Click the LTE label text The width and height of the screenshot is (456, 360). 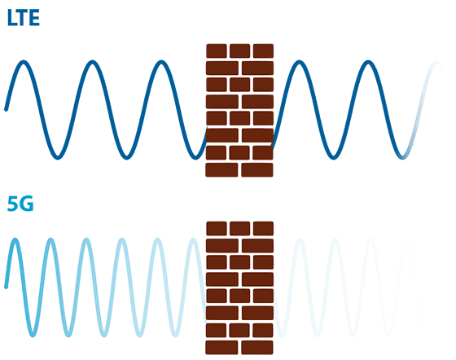tap(24, 17)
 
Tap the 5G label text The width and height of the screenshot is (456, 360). tap(20, 204)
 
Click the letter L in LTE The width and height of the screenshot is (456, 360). tap(12, 17)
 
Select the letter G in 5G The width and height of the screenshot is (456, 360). tap(26, 204)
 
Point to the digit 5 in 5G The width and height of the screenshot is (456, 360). tap(13, 204)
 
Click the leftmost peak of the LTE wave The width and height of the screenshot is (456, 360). tap(24, 62)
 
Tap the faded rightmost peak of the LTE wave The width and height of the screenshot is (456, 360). tap(436, 62)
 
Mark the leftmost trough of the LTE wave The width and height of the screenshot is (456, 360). tap(58, 158)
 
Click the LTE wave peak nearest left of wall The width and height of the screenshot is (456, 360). tap(161, 62)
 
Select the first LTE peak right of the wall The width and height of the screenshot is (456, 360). tap(300, 62)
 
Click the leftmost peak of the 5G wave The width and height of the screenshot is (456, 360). tap(15, 239)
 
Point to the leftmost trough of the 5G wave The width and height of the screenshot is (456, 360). tap(33, 336)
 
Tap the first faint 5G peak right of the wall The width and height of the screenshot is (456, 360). tap(300, 239)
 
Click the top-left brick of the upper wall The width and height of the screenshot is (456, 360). tap(217, 50)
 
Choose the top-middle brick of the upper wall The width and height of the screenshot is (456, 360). tap(240, 50)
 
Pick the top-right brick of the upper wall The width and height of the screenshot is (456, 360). tap(263, 50)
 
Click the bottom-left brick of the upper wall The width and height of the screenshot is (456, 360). tap(221, 170)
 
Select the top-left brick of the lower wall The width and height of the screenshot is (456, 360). tap(217, 229)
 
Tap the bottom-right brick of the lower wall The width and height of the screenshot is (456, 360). tap(257, 348)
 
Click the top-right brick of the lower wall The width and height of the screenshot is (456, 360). tap(263, 229)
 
